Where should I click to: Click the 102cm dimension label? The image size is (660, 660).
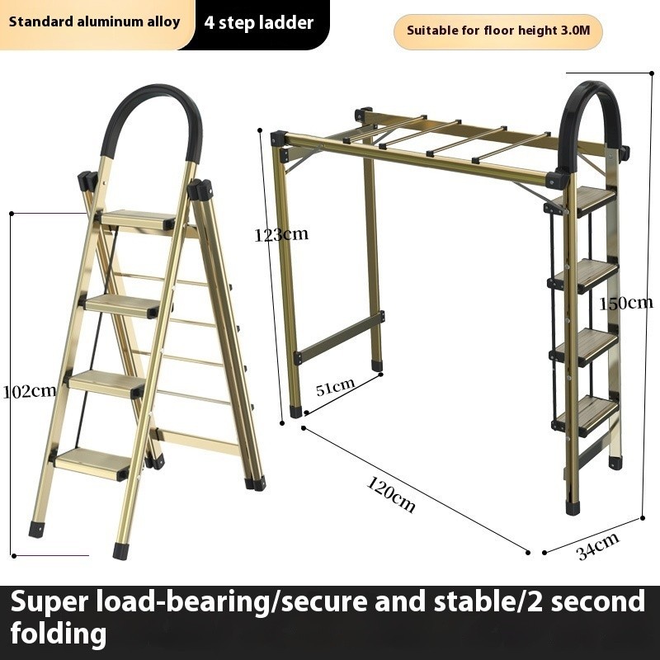click(x=30, y=391)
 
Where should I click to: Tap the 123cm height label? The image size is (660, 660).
click(x=281, y=234)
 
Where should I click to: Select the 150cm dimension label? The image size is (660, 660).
click(x=626, y=303)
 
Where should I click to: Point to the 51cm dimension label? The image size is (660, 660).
click(x=336, y=386)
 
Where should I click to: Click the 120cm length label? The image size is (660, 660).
click(x=391, y=493)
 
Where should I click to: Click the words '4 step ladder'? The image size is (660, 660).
click(x=259, y=23)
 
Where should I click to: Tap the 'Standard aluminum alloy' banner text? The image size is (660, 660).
click(x=94, y=22)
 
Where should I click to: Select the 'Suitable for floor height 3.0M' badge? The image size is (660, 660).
click(x=498, y=31)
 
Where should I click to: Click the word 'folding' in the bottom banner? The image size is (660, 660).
click(x=59, y=633)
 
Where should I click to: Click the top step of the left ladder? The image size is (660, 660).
click(x=138, y=219)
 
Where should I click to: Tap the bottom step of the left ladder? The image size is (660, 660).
click(x=92, y=464)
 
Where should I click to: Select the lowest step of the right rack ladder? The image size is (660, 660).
click(x=586, y=416)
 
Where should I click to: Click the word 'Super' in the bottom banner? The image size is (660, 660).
click(x=49, y=601)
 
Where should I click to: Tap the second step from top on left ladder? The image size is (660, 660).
click(x=122, y=305)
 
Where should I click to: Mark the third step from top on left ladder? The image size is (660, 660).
click(x=107, y=384)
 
